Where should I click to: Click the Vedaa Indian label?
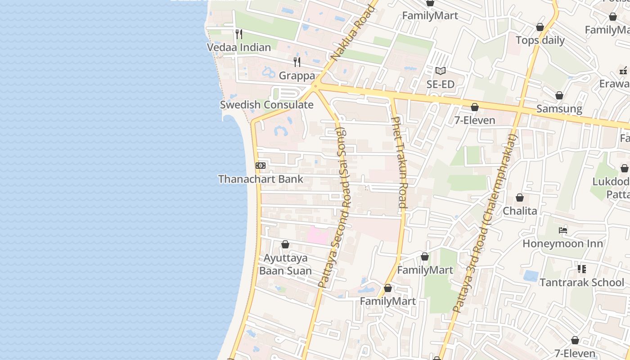click(238, 47)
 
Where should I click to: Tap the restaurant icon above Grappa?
click(297, 62)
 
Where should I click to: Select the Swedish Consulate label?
click(266, 105)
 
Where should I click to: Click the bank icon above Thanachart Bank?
click(261, 166)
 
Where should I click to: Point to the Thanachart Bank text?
click(261, 179)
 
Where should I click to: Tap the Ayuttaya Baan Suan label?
click(285, 264)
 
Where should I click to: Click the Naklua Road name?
click(353, 32)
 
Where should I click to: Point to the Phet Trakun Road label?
click(400, 162)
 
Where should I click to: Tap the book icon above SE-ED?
click(440, 71)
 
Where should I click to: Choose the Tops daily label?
click(540, 40)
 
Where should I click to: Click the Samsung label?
click(559, 109)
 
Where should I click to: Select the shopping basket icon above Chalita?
click(520, 198)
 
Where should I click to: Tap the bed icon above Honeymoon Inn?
click(562, 230)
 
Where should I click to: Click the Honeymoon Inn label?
click(562, 243)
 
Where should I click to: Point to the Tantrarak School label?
click(581, 283)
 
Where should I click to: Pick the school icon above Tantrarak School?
click(581, 269)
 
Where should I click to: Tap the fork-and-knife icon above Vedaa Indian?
click(239, 34)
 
